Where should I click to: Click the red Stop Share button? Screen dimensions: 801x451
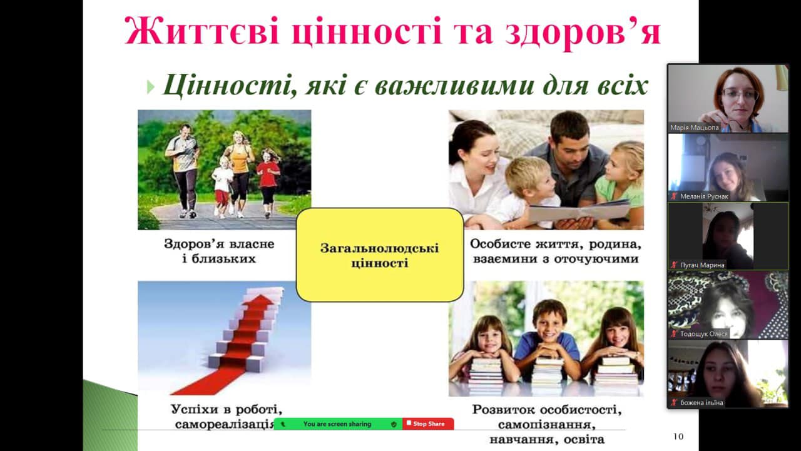(428, 424)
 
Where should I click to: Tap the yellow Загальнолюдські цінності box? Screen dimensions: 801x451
(380, 255)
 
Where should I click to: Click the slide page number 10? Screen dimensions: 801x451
(678, 437)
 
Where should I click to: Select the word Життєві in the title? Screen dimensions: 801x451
(202, 31)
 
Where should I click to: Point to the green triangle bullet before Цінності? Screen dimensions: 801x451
(151, 87)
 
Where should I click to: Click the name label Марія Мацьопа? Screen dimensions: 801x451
(695, 128)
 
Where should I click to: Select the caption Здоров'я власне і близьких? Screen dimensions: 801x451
(219, 251)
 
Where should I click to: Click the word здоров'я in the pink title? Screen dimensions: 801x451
(583, 31)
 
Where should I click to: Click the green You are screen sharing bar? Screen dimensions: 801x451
(338, 424)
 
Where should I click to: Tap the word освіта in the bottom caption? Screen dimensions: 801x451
(584, 440)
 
